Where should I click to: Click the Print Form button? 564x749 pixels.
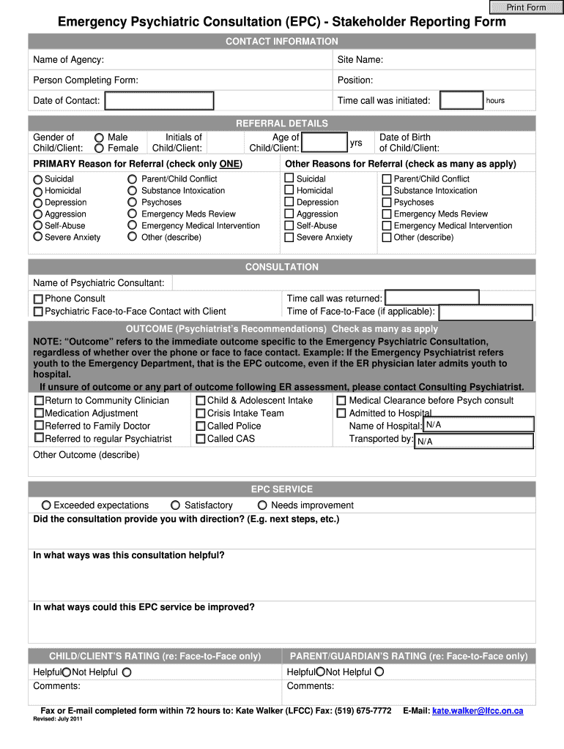526,7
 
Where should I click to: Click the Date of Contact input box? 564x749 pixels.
158,101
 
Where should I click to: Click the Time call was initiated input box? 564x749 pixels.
461,101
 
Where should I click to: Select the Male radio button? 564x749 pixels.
99,138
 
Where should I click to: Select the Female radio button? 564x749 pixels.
99,148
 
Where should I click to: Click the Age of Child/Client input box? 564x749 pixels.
324,143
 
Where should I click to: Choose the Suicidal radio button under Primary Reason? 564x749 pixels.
38,179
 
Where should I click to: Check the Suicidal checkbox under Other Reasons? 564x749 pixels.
289,178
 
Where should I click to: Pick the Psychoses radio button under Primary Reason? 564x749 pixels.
132,203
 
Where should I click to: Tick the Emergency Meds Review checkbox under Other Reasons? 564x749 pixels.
387,214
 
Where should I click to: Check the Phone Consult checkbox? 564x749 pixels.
38,299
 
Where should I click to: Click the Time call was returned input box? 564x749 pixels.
432,298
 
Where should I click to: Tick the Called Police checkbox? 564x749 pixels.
201,426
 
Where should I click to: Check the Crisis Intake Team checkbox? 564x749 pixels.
201,413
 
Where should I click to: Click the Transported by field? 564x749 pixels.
473,441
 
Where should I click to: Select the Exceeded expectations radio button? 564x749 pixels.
46,505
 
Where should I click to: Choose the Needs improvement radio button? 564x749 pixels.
263,505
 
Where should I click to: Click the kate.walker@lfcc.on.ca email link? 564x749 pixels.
478,711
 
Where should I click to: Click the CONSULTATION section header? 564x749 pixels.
282,267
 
